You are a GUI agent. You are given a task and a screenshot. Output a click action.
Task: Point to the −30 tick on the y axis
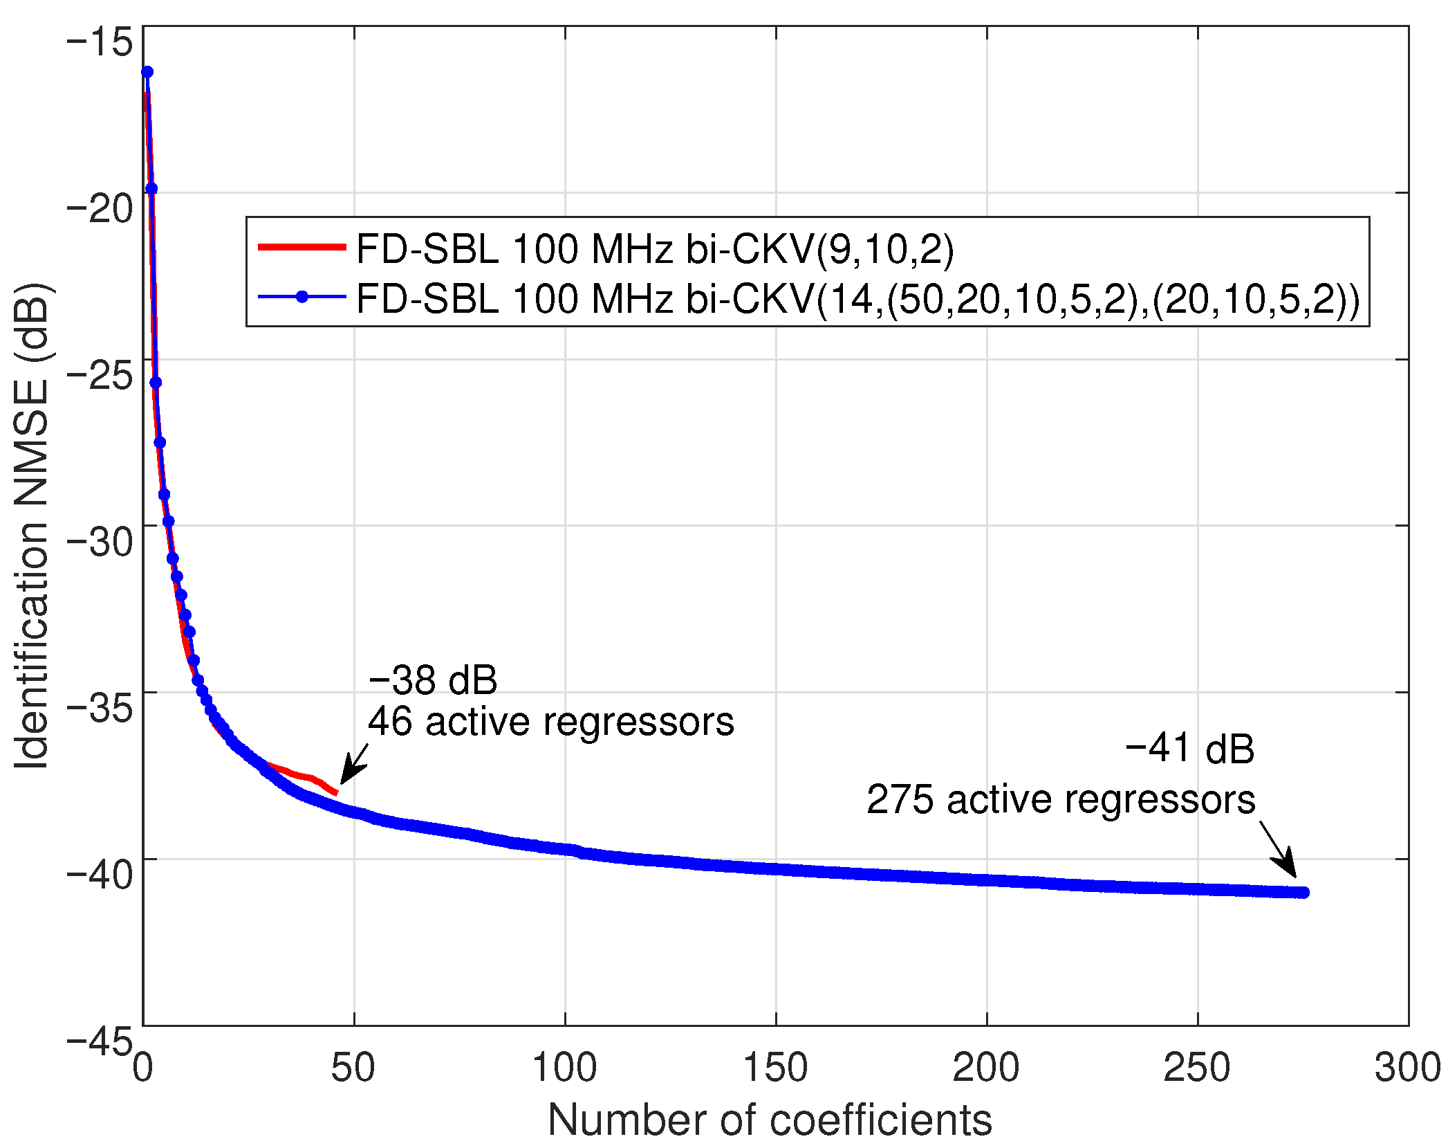(100, 540)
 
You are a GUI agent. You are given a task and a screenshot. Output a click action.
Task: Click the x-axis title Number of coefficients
(770, 1120)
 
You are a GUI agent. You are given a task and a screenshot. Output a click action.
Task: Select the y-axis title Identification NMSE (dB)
(32, 526)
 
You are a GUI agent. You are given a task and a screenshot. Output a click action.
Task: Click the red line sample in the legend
(301, 247)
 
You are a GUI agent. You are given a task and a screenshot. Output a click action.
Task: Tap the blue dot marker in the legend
(301, 297)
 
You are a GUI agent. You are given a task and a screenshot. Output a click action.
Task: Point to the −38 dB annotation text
(432, 680)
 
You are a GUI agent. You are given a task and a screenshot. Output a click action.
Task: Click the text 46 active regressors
(550, 722)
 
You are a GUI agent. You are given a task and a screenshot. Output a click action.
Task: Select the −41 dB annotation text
(1189, 749)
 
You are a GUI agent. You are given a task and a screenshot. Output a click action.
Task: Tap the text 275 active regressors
(1060, 800)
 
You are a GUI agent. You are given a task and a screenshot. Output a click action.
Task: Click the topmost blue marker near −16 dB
(147, 72)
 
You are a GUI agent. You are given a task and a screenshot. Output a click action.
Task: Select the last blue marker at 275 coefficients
(1303, 893)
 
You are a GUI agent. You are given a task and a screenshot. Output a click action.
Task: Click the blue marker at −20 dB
(151, 189)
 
